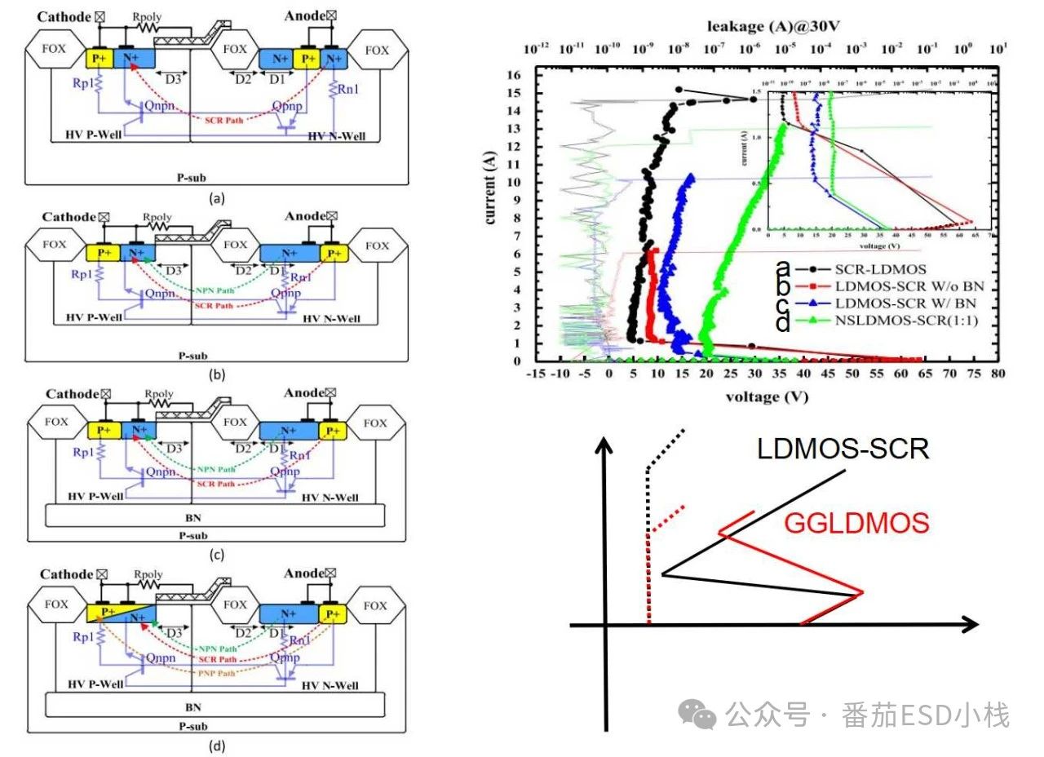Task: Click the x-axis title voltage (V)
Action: [x=766, y=398]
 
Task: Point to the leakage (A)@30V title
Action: [x=766, y=26]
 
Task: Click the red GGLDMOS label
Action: [x=856, y=522]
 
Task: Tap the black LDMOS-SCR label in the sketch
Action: [x=843, y=449]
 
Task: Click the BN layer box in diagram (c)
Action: [x=214, y=516]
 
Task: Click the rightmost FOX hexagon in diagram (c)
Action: [x=376, y=423]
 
